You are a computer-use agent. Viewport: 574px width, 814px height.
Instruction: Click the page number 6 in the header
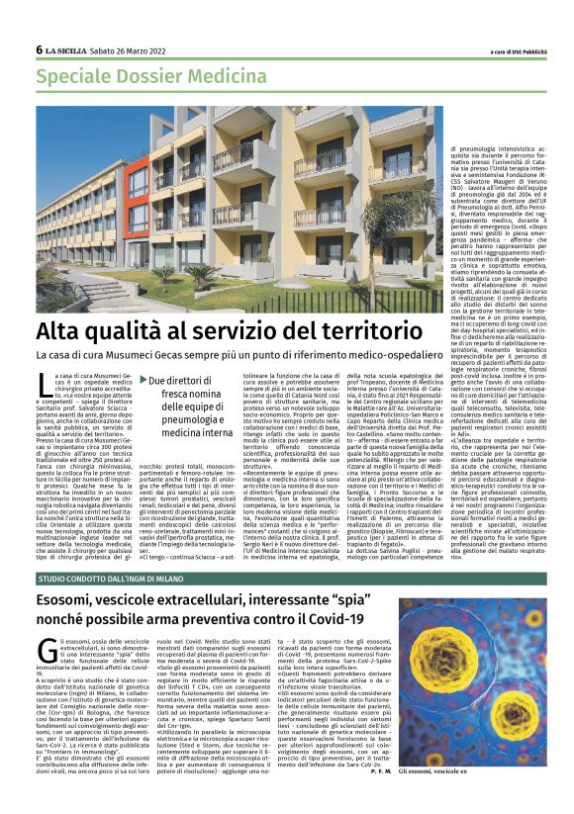39,49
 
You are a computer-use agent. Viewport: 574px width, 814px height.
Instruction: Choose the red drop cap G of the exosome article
47,650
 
